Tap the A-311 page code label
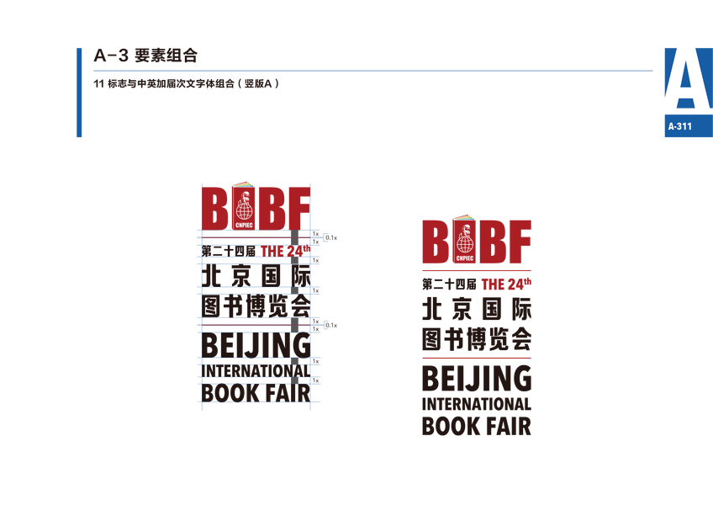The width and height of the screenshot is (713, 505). [x=679, y=126]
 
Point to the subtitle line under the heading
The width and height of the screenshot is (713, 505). [x=186, y=83]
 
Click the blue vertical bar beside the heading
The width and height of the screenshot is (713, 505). [x=79, y=93]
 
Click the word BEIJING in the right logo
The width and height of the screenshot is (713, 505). [x=477, y=380]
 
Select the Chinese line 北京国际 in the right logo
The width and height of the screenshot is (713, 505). [x=477, y=309]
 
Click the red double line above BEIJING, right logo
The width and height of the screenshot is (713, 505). [x=477, y=359]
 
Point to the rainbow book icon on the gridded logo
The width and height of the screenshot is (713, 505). [x=242, y=183]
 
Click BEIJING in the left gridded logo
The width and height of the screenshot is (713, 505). [x=256, y=344]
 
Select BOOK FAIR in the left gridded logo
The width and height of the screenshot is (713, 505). [x=256, y=392]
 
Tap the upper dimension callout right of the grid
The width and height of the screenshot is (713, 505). [x=331, y=238]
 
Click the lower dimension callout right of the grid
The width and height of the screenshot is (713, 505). [x=331, y=324]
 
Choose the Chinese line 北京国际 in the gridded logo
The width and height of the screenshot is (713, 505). [x=256, y=274]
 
